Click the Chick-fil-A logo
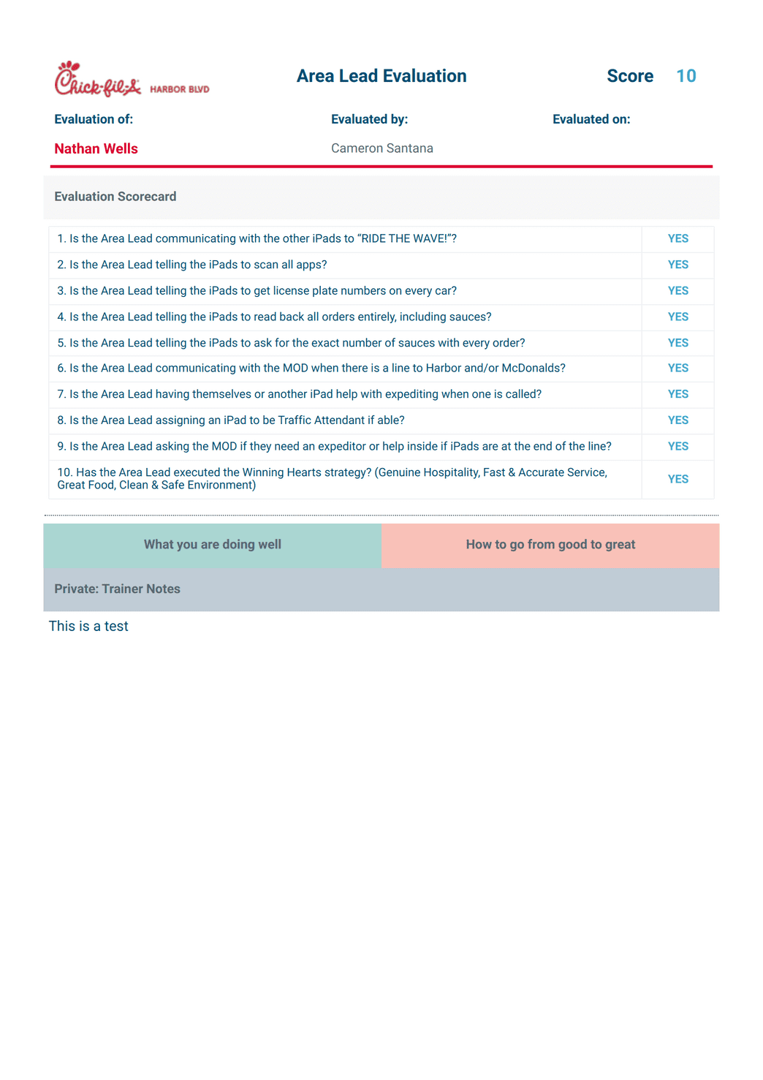(97, 80)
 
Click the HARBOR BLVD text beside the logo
(180, 89)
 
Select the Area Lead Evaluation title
(381, 76)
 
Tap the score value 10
(686, 76)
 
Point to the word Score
(629, 76)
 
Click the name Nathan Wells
(96, 148)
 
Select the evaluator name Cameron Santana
(381, 148)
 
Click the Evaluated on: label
(591, 119)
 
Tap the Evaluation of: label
(94, 119)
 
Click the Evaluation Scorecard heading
(115, 197)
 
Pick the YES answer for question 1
(677, 238)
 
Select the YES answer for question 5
(677, 343)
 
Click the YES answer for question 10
(677, 479)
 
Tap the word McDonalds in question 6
(533, 368)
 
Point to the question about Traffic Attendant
(231, 420)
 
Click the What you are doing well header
(212, 545)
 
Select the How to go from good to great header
(550, 545)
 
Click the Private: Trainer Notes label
(117, 589)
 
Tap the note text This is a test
(88, 626)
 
